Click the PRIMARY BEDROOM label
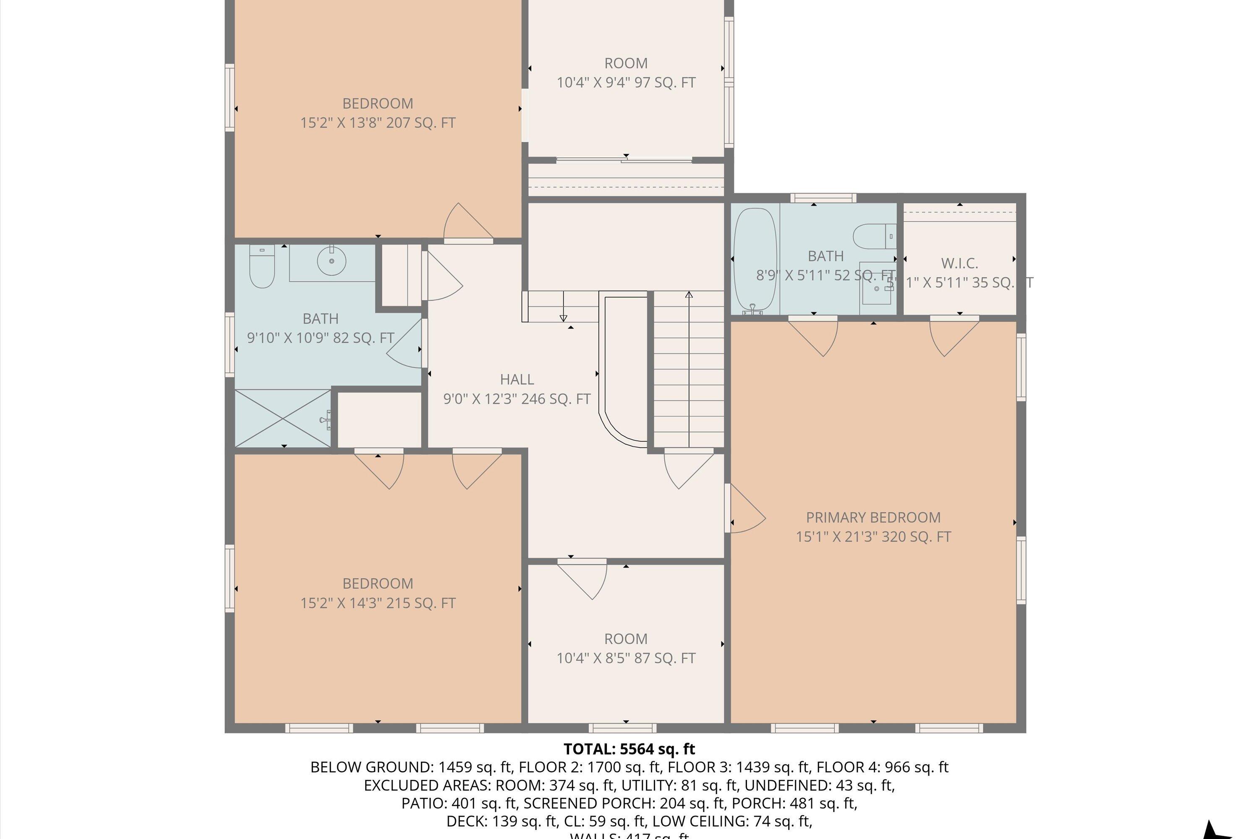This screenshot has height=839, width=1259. (873, 517)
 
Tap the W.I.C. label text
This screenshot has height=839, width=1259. (959, 263)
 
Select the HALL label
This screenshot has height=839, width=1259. (517, 379)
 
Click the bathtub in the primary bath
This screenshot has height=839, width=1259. (754, 261)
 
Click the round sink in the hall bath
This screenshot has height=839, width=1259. (332, 261)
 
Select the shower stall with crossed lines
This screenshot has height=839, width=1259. (282, 418)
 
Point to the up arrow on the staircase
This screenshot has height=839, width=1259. (689, 295)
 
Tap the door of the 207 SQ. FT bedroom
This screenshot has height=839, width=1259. (467, 224)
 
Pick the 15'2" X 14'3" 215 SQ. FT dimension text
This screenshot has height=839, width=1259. (377, 603)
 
